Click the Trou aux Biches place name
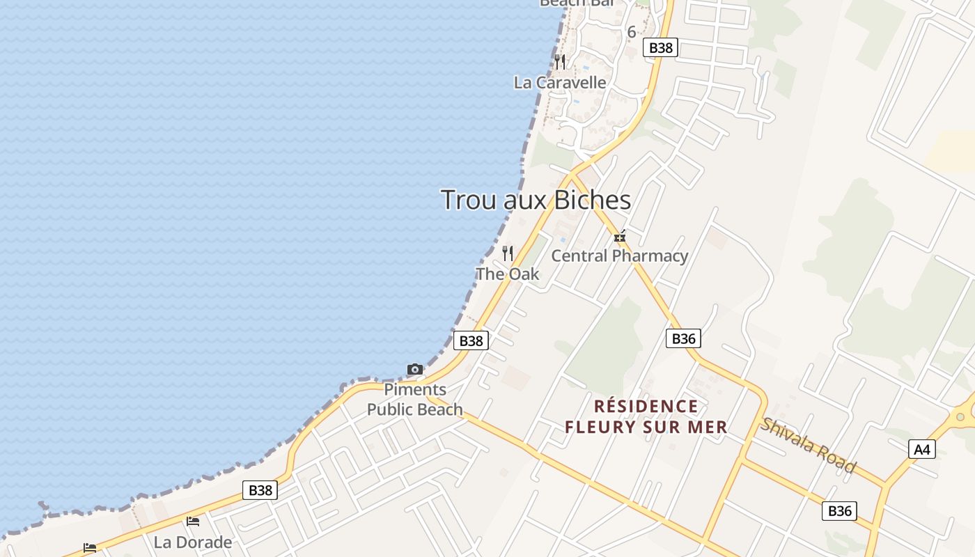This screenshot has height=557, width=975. [536, 200]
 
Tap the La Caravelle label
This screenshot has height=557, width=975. [560, 82]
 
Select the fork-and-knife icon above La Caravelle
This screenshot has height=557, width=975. [560, 62]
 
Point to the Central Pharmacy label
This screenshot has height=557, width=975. [619, 256]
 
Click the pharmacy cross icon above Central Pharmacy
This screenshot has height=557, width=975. [620, 237]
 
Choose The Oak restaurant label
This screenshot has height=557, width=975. [507, 274]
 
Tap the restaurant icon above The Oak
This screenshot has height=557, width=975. [508, 253]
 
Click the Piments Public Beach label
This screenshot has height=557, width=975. [415, 399]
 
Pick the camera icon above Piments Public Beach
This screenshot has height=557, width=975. [415, 369]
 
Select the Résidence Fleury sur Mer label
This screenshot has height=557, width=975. [646, 416]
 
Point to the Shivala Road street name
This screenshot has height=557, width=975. [807, 445]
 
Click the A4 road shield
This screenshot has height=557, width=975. [921, 450]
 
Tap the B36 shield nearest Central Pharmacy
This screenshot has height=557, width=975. [683, 338]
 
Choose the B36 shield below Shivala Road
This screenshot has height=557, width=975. [839, 510]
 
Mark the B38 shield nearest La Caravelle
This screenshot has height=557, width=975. [660, 47]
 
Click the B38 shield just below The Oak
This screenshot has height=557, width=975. [471, 340]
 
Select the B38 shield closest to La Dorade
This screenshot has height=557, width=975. [260, 490]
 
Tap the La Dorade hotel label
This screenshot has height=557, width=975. [193, 542]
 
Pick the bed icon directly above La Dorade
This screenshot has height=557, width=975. [193, 521]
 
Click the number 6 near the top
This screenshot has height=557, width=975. [632, 31]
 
